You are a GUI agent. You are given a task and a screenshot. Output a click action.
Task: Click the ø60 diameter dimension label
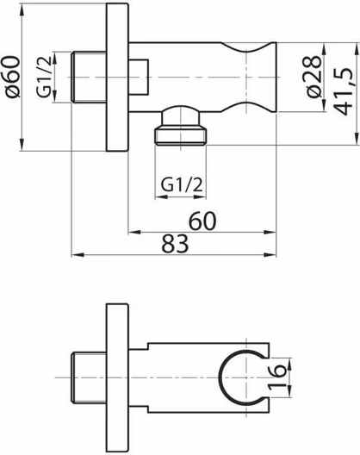pos(13,77)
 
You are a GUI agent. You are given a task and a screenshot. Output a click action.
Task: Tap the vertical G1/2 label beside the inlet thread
pos(44,77)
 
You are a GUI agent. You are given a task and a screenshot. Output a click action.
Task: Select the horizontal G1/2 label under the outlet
pos(182,184)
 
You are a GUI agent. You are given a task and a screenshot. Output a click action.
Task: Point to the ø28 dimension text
pos(313,77)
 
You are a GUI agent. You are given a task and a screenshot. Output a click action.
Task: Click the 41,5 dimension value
pos(343,91)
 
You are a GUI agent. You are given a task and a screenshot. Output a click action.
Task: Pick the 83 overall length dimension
pos(175,244)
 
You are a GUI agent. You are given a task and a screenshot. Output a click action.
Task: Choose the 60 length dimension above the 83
pos(202,221)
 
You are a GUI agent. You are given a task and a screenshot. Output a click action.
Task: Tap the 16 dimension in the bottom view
pos(276,377)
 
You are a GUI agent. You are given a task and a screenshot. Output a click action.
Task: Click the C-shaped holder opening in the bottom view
pos(219,377)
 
